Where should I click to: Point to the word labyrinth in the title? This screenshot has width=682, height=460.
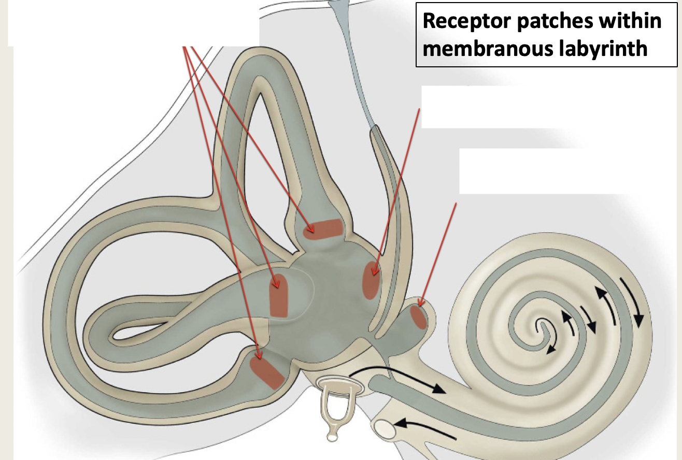tap(607, 48)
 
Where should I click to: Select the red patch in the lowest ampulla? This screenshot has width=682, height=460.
tap(266, 372)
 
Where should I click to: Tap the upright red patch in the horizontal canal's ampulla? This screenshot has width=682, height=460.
tap(279, 295)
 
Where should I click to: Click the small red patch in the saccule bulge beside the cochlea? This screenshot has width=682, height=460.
tap(419, 317)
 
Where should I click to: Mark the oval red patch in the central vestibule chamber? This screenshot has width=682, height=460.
tap(371, 280)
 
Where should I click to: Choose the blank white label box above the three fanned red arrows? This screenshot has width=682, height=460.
tap(133, 23)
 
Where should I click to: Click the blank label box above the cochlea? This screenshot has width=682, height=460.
tap(544, 171)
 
